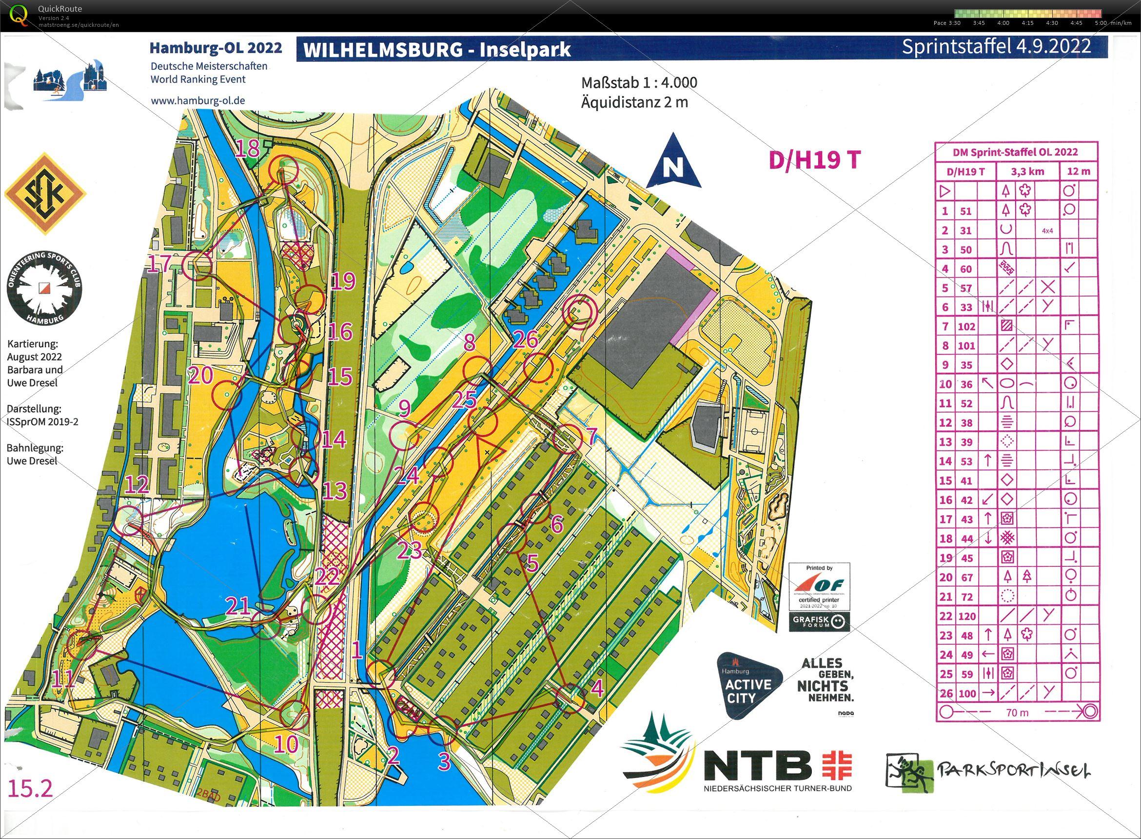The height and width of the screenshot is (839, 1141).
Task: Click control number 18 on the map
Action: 248,149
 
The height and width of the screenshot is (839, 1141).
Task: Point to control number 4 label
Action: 597,689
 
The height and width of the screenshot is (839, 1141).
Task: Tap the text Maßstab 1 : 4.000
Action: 639,82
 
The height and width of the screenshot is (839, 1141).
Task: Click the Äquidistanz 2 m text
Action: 634,102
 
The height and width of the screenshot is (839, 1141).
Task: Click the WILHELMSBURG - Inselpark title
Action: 437,50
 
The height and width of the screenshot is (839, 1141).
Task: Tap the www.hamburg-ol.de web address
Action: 198,100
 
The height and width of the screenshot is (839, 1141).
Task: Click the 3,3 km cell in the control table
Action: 1027,171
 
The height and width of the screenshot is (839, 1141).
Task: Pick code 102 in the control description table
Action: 966,326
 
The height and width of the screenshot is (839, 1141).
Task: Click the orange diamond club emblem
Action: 45,195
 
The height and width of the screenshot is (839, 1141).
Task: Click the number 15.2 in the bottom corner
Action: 30,789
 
